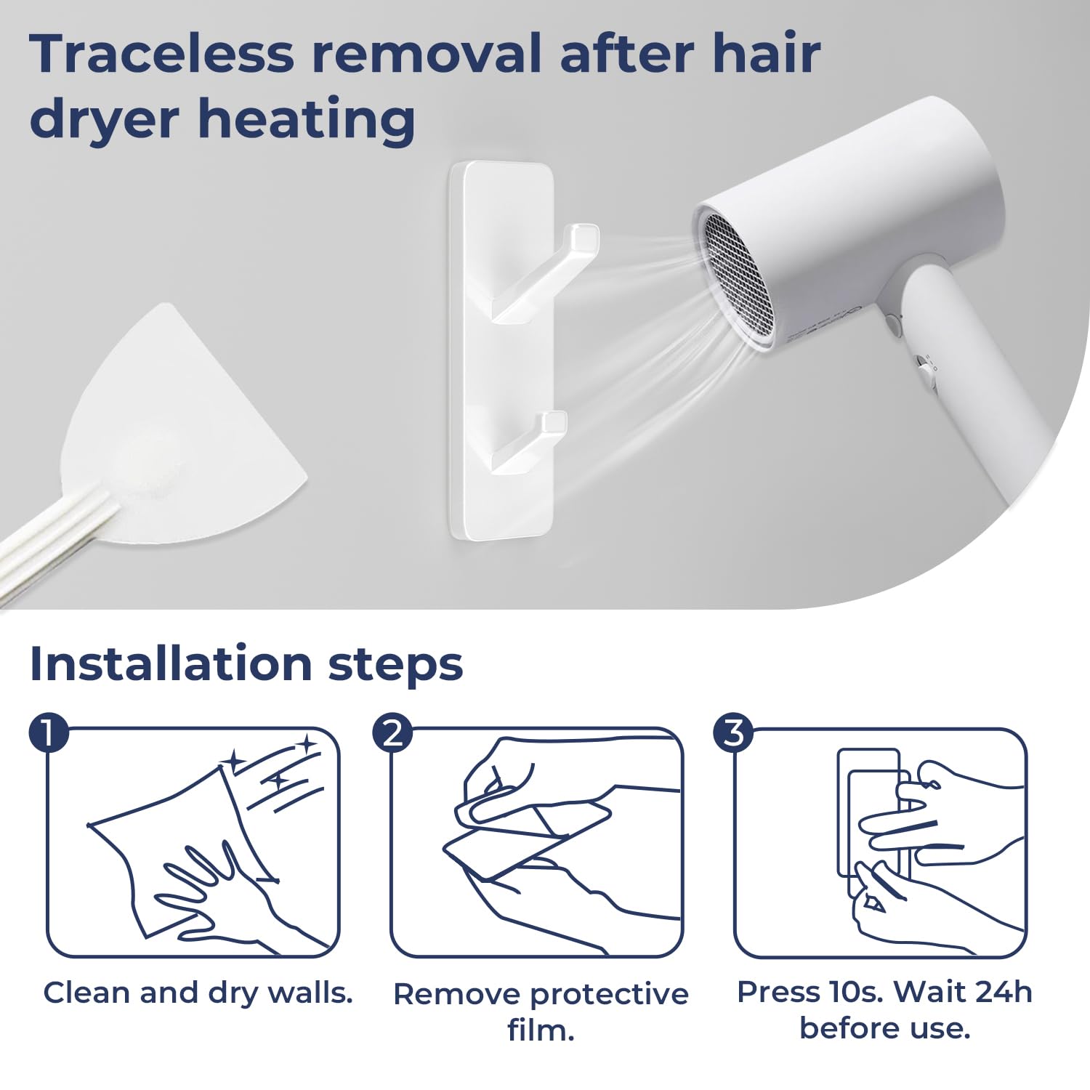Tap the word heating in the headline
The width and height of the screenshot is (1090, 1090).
tap(307, 120)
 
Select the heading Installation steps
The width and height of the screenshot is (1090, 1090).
tap(246, 663)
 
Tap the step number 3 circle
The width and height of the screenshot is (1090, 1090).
tap(735, 732)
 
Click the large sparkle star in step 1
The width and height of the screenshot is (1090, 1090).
tap(234, 761)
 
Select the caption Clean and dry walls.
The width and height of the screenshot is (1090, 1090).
tap(198, 993)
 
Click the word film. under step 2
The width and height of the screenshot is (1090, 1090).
tap(541, 1030)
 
